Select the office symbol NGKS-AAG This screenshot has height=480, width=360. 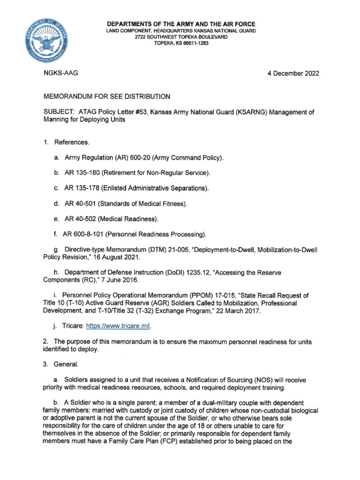pyautogui.click(x=60, y=74)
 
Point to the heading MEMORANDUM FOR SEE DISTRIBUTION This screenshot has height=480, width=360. pyautogui.click(x=106, y=97)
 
